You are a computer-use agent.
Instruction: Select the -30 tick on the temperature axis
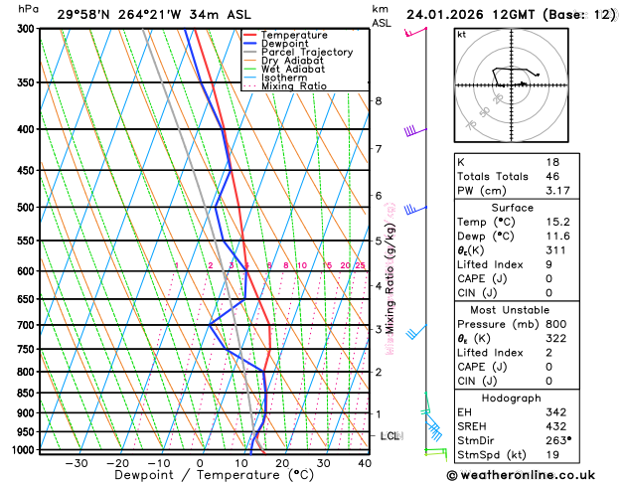coord(76,463)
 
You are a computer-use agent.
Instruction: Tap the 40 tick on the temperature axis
coord(365,463)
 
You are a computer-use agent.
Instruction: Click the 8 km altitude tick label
coord(379,101)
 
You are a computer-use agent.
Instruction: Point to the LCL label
coord(391,436)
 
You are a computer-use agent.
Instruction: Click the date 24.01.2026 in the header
coord(449,14)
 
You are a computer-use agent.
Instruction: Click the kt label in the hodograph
coord(461,35)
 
